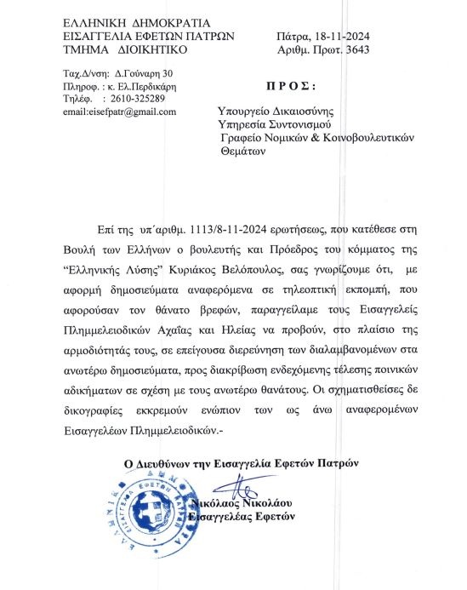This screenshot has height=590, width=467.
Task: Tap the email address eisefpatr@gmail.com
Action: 120,112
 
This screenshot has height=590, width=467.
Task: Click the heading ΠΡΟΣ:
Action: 292,87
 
